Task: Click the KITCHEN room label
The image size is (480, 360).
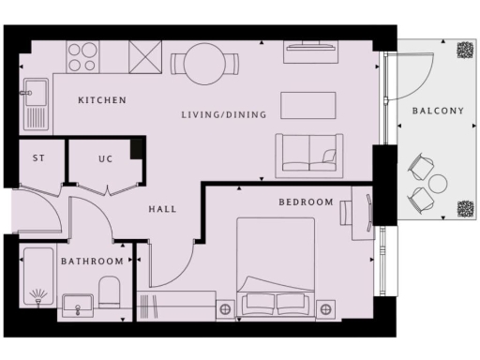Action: pyautogui.click(x=102, y=100)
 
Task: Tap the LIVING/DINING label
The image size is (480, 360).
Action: pyautogui.click(x=224, y=115)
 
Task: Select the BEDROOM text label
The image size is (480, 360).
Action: pyautogui.click(x=307, y=202)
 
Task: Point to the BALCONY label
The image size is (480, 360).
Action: pyautogui.click(x=438, y=112)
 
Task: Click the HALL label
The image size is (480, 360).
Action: pyautogui.click(x=163, y=209)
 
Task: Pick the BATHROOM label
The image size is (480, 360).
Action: pyautogui.click(x=93, y=261)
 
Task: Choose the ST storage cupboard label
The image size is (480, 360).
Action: pyautogui.click(x=38, y=158)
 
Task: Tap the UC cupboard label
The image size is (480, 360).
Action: pyautogui.click(x=106, y=158)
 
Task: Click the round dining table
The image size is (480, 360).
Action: pyautogui.click(x=203, y=63)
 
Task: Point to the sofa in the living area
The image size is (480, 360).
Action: pyautogui.click(x=306, y=154)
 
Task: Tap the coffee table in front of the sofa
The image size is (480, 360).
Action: pyautogui.click(x=307, y=103)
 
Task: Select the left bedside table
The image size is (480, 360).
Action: pyautogui.click(x=225, y=307)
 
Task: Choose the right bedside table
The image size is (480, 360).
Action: pyautogui.click(x=325, y=307)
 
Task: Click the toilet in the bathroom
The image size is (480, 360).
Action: pyautogui.click(x=108, y=294)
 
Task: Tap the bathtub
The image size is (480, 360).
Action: pyautogui.click(x=38, y=280)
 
